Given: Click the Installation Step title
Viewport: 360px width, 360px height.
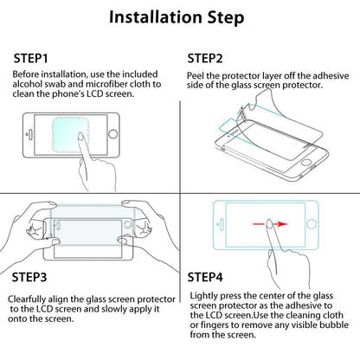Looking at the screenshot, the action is tap(177, 17).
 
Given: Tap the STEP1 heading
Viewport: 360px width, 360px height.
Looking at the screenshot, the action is tap(30, 58).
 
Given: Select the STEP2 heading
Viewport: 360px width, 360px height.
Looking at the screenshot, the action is tap(205, 59).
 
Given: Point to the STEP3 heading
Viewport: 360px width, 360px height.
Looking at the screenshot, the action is tap(29, 277).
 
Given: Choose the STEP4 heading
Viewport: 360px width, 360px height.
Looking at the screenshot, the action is tap(205, 277).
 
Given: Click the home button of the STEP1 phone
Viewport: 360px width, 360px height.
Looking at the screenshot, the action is tap(112, 134).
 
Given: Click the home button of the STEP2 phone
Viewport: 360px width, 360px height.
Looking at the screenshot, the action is tap(306, 162).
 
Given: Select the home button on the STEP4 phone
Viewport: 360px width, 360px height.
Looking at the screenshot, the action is tap(312, 224).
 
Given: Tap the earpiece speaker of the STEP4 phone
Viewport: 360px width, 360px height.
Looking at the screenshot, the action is tap(222, 224).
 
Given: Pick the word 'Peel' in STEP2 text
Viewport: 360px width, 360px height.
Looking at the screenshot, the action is tap(195, 75).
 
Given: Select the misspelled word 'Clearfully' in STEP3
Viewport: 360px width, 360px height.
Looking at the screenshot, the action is tap(27, 299).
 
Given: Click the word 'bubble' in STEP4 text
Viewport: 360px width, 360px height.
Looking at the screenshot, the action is tap(334, 325).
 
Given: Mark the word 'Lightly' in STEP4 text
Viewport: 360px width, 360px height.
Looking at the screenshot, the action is tap(204, 296).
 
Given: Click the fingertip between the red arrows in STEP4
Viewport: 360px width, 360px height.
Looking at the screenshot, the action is tap(269, 222).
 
